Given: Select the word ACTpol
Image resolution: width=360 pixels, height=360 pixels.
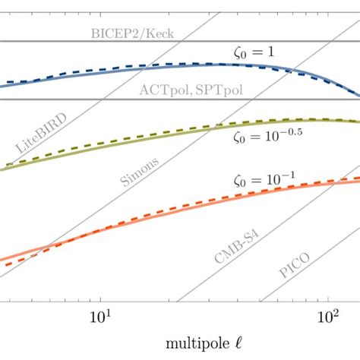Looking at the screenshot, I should [161, 89].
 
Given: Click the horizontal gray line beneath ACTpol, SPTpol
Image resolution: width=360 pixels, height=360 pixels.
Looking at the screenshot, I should [76, 99].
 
